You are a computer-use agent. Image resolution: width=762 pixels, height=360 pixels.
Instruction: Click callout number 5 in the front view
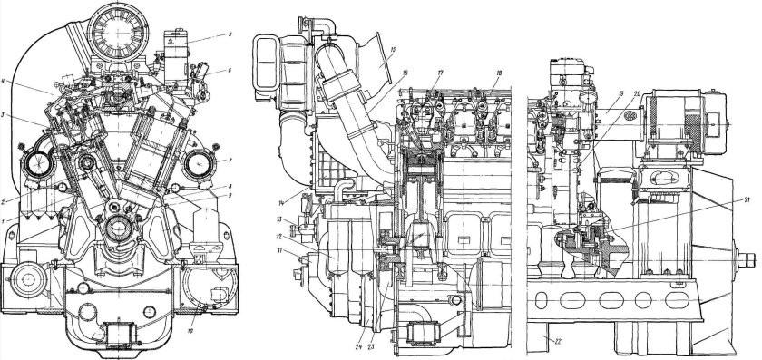[231, 34]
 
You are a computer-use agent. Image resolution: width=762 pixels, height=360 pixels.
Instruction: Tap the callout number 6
[231, 70]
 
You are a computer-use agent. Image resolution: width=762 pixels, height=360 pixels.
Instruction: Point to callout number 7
[231, 161]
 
